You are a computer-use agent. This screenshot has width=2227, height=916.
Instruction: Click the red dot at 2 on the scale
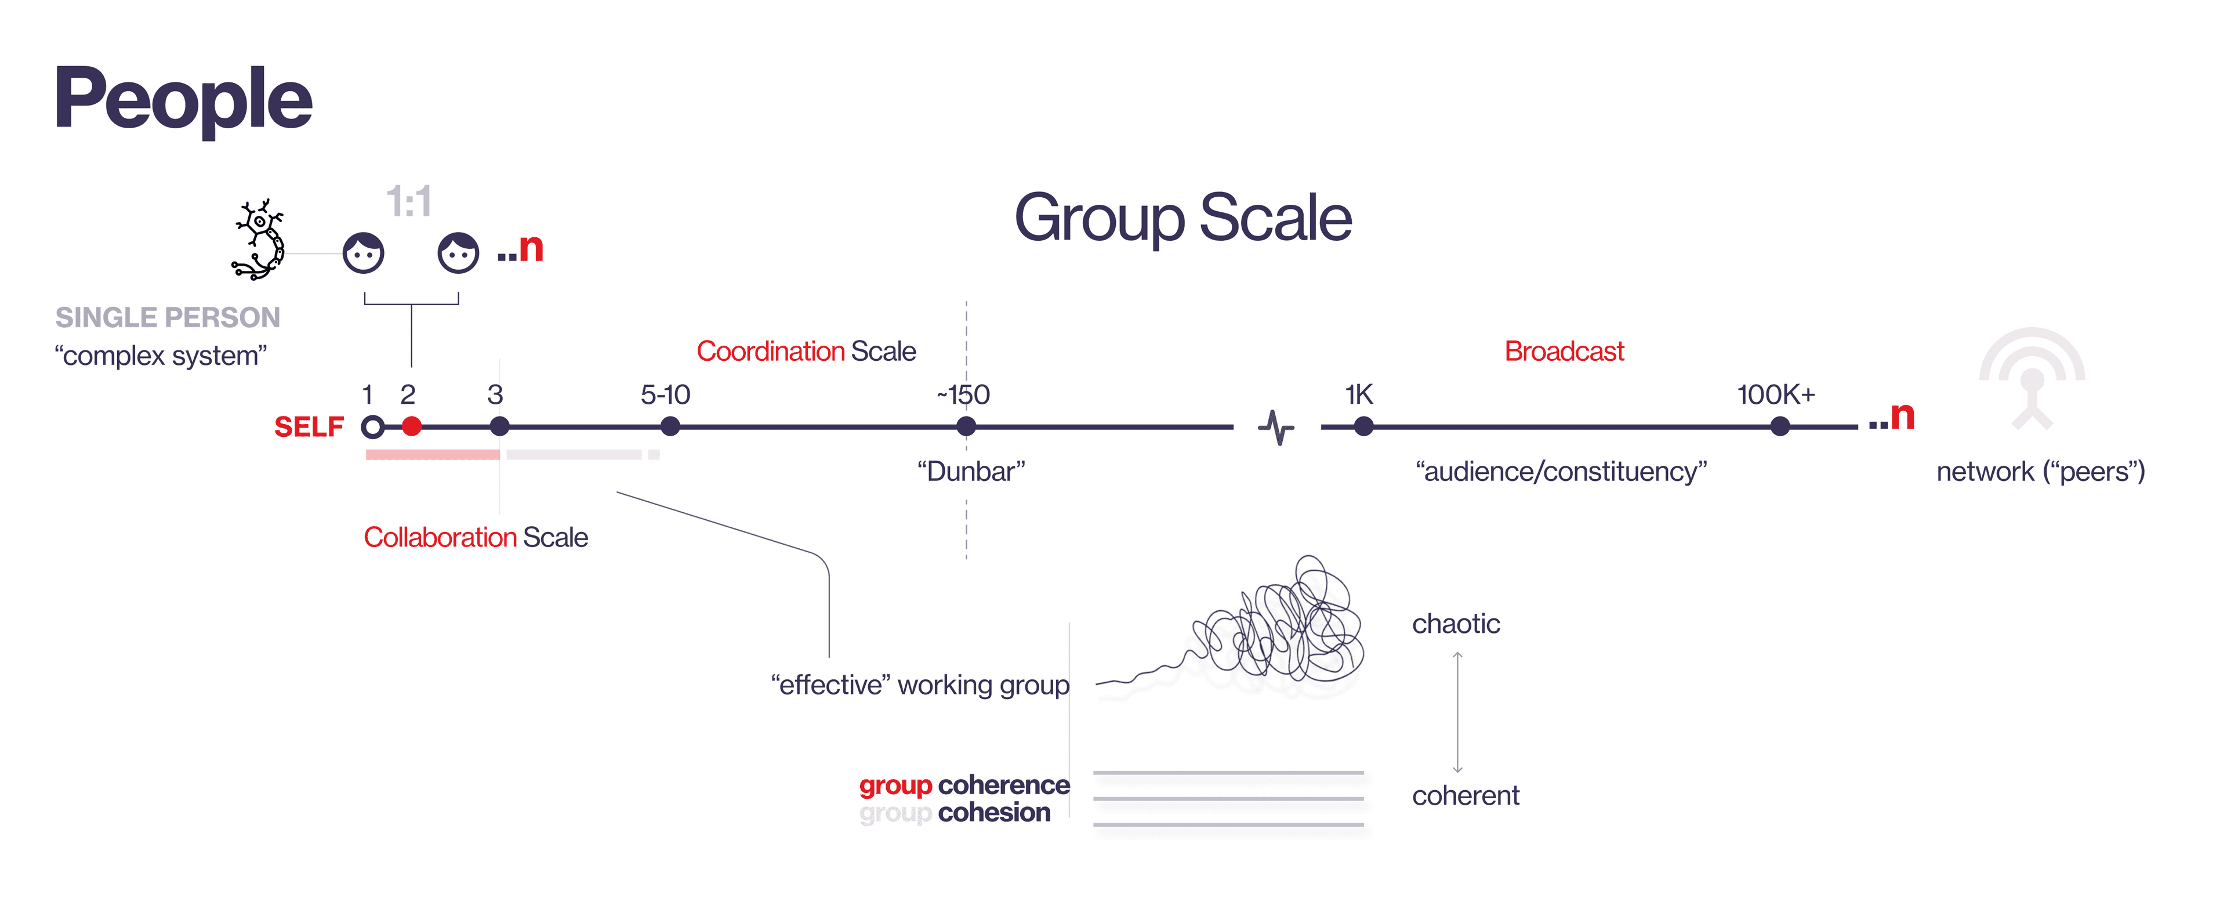tap(412, 426)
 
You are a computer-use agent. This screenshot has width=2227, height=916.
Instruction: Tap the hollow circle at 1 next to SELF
tap(372, 426)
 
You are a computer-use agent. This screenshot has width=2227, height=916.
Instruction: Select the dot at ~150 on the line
tap(967, 426)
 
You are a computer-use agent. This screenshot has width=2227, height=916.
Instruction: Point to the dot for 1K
tap(1363, 426)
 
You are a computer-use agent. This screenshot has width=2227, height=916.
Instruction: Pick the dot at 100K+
tap(1780, 426)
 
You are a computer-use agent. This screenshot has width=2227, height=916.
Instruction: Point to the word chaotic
tap(1456, 624)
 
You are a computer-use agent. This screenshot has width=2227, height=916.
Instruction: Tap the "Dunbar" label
tap(971, 472)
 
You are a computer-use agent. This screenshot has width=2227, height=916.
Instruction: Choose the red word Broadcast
tap(1564, 351)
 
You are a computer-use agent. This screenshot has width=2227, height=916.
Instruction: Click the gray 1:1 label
tap(409, 201)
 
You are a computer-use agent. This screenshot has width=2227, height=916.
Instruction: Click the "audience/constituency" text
tap(1561, 472)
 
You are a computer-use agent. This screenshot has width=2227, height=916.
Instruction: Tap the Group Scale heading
tap(1183, 218)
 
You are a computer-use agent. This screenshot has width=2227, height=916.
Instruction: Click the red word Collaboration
tap(440, 537)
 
